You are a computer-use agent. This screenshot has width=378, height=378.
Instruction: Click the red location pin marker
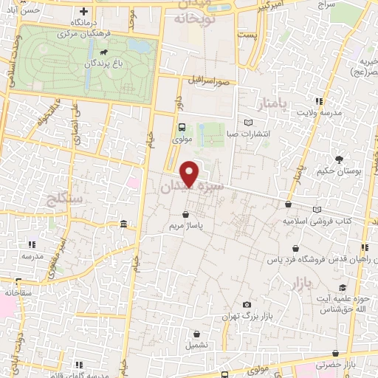[x=190, y=173]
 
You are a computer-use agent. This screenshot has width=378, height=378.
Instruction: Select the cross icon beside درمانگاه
[x=84, y=12]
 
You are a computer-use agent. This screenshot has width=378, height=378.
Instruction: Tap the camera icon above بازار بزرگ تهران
[x=246, y=305]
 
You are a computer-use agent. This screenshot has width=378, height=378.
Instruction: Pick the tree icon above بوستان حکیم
[x=339, y=159]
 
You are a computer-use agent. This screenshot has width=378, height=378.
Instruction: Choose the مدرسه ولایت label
[x=317, y=113]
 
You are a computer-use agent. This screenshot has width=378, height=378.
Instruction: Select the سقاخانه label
[x=18, y=292]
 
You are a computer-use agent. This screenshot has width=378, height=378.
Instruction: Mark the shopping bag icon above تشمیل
[x=195, y=334]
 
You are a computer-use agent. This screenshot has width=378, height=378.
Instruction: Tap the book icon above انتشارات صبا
[x=248, y=122]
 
